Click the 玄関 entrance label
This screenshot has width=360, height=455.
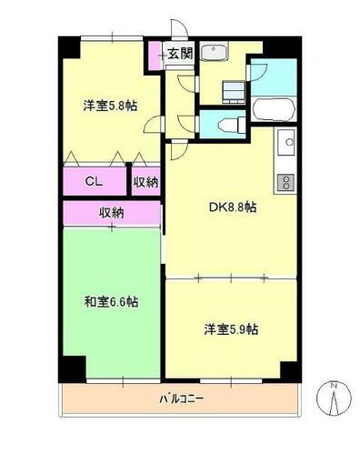coord(180,54)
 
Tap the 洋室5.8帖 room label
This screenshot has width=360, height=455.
coord(110,104)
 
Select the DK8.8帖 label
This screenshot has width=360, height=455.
coord(232,207)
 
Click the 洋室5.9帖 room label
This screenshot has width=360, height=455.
coord(232,328)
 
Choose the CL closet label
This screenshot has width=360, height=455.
coord(95,181)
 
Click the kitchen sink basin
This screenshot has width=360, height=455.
coord(286,142)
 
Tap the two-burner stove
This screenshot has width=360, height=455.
coord(285,181)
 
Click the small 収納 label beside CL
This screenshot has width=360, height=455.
coord(145,181)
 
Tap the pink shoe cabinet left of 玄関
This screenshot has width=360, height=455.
coord(155,56)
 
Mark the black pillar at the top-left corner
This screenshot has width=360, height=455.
coord(68,45)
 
